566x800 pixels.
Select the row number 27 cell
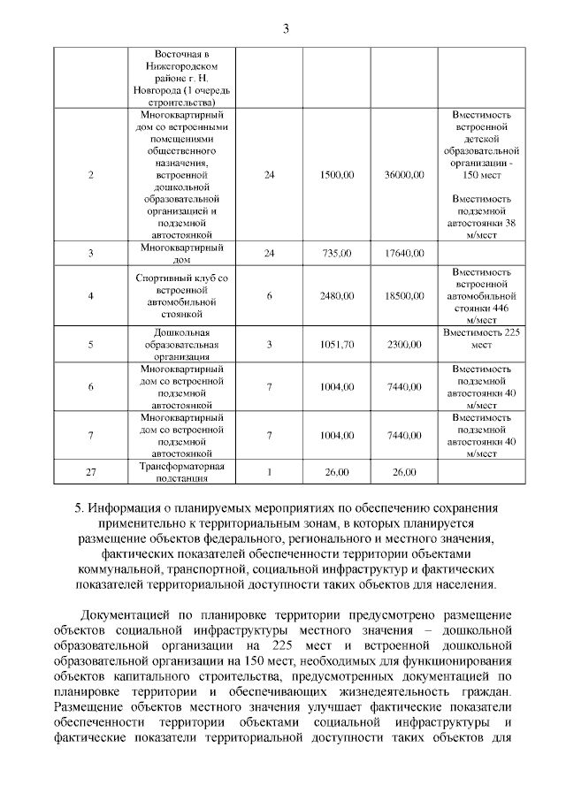pos(91,473)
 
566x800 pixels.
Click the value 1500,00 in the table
pos(338,175)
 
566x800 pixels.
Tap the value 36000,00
pos(404,175)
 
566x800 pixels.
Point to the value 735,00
pos(338,254)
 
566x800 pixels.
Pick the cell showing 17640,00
pos(404,254)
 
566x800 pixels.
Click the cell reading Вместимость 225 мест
pos(482,338)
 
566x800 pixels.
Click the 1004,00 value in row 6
pos(338,387)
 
